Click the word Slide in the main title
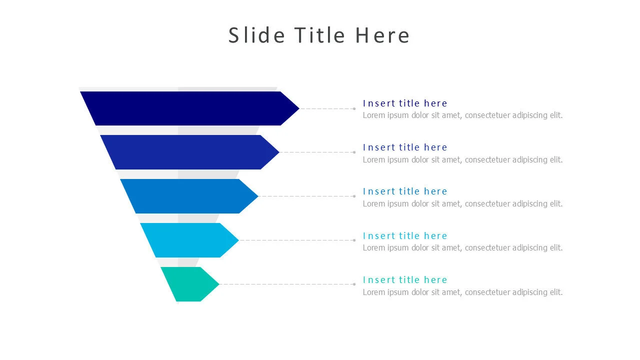[256, 35]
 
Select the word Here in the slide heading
[382, 35]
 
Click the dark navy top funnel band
[188, 108]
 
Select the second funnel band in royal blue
[188, 152]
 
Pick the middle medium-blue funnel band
[188, 196]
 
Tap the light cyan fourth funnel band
[188, 240]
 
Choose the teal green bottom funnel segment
[190, 284]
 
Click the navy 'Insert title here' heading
[405, 103]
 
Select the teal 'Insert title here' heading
[405, 279]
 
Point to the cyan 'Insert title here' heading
[405, 235]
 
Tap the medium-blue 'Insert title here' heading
[405, 191]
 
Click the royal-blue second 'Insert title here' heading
[405, 147]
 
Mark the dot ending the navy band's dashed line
[354, 108]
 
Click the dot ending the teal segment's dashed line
[354, 284]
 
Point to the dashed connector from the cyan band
[296, 240]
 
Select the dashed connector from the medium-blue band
[306, 196]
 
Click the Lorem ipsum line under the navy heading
[462, 115]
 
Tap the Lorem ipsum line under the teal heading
[462, 292]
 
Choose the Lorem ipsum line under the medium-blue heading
[462, 203]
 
